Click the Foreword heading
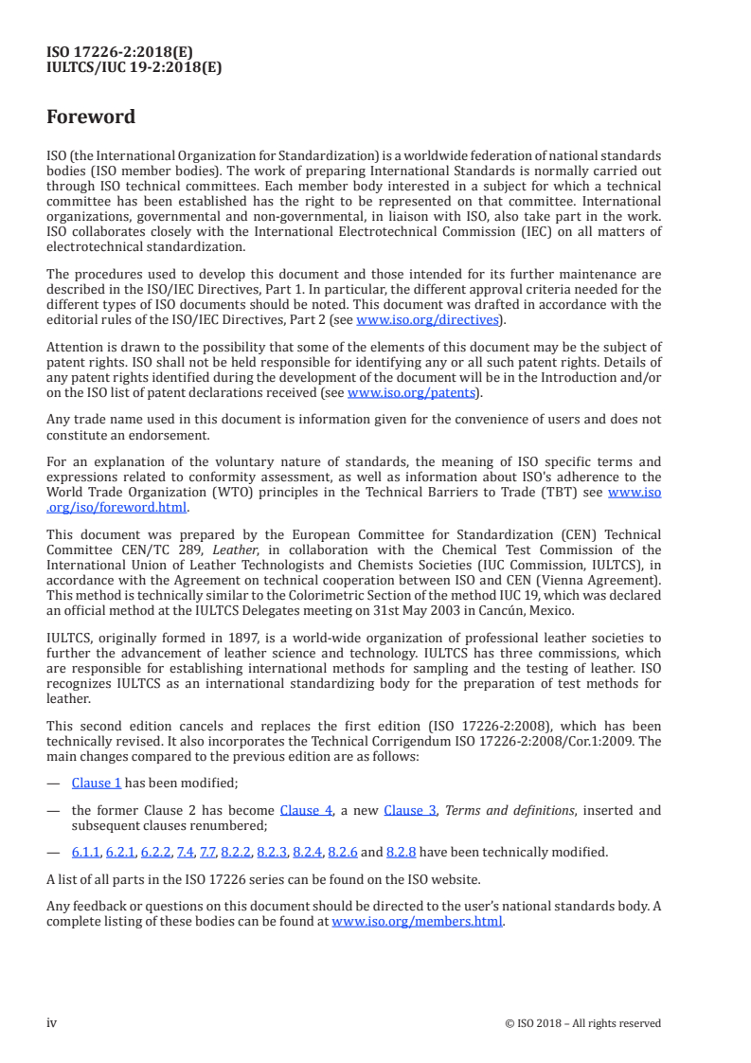click(x=91, y=117)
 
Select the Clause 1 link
click(x=97, y=783)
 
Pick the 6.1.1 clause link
click(x=85, y=852)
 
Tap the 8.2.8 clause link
click(x=403, y=852)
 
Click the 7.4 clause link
click(x=185, y=852)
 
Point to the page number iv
click(x=52, y=1022)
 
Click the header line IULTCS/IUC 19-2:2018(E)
click(x=134, y=67)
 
